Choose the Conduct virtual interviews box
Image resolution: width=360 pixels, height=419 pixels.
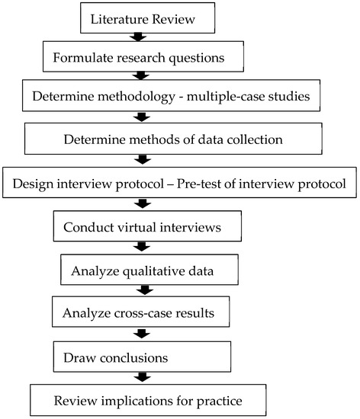[x=136, y=226]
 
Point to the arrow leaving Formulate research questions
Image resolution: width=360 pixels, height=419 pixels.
[x=140, y=75]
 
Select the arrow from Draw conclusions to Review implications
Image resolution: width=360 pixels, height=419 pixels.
[x=140, y=376]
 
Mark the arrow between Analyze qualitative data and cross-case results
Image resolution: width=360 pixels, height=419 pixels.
[x=140, y=290]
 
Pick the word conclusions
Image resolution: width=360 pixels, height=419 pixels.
[x=134, y=356]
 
